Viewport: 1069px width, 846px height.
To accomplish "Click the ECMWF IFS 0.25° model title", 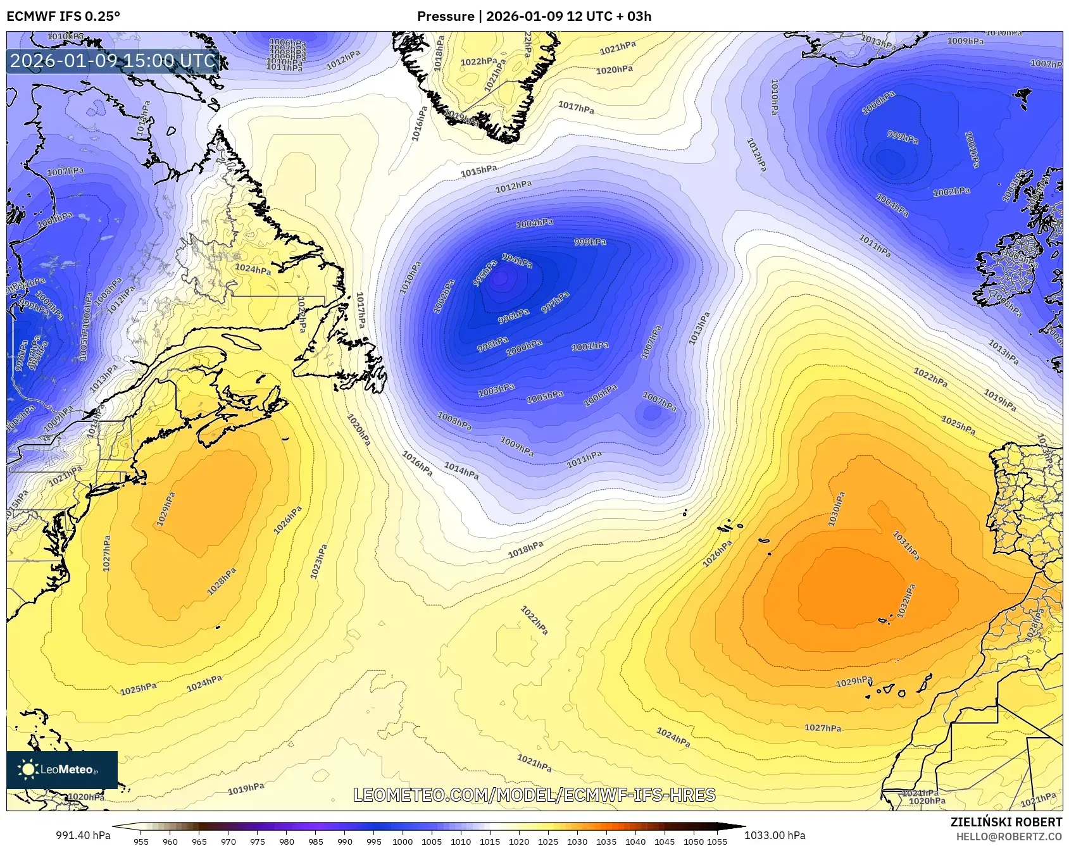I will [x=63, y=16].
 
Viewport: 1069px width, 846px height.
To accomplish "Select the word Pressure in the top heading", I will [x=446, y=16].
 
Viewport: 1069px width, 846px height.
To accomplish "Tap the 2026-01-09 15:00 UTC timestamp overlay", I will [x=113, y=61].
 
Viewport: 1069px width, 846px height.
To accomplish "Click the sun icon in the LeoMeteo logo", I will [x=28, y=769].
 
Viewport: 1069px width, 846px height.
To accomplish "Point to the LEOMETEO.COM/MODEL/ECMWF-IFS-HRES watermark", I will [x=534, y=795].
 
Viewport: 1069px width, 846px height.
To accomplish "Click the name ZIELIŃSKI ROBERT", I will [x=1006, y=822].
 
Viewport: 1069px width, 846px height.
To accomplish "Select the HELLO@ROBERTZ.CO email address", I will [x=1009, y=837].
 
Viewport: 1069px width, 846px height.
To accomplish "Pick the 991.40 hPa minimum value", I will [x=83, y=835].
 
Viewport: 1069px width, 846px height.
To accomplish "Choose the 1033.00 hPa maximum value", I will [x=775, y=835].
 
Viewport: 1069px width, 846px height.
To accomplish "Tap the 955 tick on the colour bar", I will [x=141, y=842].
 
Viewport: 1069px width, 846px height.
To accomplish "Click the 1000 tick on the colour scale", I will [x=403, y=842].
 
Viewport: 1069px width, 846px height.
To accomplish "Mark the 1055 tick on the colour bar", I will [x=717, y=842].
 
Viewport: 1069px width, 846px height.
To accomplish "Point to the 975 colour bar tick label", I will [x=257, y=842].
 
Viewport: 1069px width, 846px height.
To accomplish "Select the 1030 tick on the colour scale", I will [x=577, y=842].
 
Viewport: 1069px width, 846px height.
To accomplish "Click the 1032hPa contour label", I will [x=906, y=601].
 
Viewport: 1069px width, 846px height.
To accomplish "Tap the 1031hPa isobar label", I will [x=906, y=545].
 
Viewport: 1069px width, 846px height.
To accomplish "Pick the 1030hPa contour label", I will [x=836, y=510].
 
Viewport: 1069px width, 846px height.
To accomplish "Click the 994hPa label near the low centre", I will [x=517, y=260].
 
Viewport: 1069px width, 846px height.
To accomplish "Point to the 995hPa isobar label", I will [x=485, y=273].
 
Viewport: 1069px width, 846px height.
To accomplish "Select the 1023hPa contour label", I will [x=318, y=561].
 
